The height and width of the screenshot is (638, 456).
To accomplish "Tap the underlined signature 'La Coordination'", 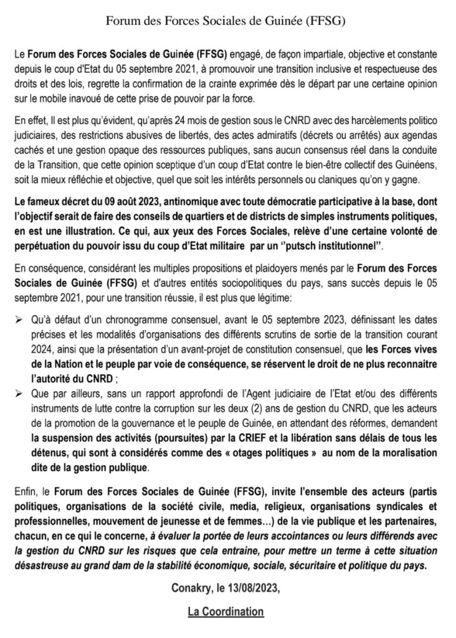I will tap(226, 613).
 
